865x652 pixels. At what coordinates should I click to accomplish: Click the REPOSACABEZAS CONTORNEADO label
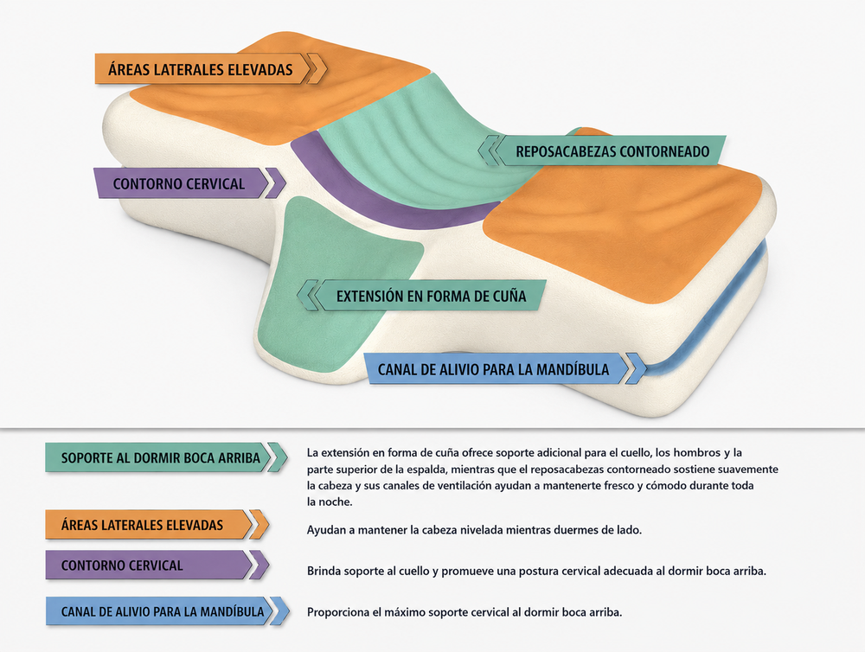(601, 150)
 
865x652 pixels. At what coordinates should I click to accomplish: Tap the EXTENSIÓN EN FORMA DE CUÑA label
(422, 295)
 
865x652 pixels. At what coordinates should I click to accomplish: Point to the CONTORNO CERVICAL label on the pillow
(190, 183)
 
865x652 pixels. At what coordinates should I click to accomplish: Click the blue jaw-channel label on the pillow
(505, 368)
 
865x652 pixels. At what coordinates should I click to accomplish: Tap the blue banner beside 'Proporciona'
(167, 611)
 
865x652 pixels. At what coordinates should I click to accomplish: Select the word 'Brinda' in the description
(324, 571)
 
